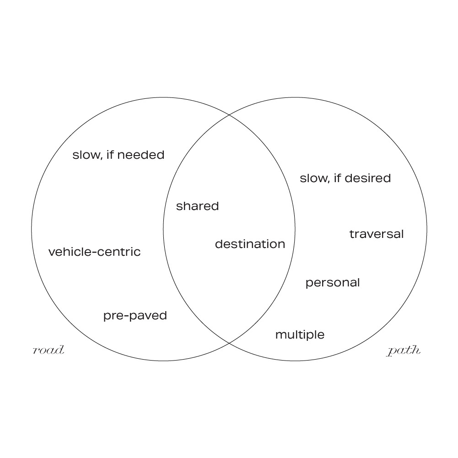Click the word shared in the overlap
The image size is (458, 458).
coord(197,206)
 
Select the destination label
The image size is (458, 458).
coord(250,244)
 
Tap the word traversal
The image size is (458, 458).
coord(377,234)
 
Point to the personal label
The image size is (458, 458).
coord(333,283)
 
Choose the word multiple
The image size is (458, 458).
coord(300,335)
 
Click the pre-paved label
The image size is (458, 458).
coord(135,316)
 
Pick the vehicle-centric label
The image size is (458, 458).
coord(94,252)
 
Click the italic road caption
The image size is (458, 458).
coord(48,351)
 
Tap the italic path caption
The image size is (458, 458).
coord(404,351)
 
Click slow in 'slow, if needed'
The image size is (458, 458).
coord(85,155)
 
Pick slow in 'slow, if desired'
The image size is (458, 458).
coord(312,178)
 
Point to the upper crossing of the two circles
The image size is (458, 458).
coord(229,114)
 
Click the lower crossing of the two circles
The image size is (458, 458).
coord(229,343)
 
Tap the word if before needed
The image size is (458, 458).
coord(109,155)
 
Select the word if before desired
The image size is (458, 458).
coord(337,178)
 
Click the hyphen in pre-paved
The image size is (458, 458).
coord(123,316)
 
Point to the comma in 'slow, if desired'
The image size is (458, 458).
coord(327,182)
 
